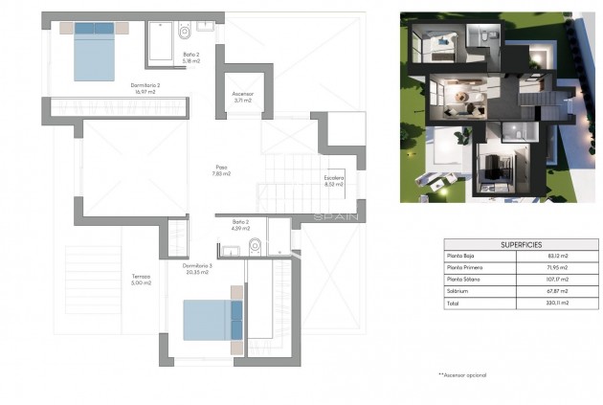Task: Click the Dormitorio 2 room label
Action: pos(145,85)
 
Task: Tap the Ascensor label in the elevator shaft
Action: pos(242,94)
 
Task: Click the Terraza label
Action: pos(141,277)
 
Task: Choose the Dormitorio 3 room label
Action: pos(196,266)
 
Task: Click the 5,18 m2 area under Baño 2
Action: pos(191,61)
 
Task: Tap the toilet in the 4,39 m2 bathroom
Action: pos(255,246)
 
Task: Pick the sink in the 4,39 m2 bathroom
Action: pos(231,251)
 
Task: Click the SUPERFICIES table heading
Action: pos(521,244)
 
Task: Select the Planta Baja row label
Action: pos(461,255)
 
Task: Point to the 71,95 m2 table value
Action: pos(558,267)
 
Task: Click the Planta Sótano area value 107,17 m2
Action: pos(557,279)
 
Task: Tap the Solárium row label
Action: pos(458,290)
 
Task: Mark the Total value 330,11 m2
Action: pos(558,303)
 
